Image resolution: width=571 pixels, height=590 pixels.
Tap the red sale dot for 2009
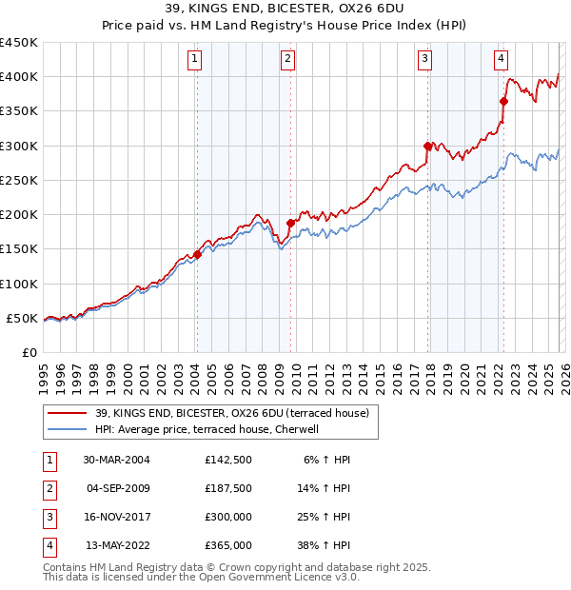point(290,223)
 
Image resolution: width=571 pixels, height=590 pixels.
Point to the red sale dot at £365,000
point(503,101)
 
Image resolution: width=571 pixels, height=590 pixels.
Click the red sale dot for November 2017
point(427,146)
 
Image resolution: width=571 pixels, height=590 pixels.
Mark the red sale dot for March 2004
point(198,254)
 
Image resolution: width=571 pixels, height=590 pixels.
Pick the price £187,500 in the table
point(227,488)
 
